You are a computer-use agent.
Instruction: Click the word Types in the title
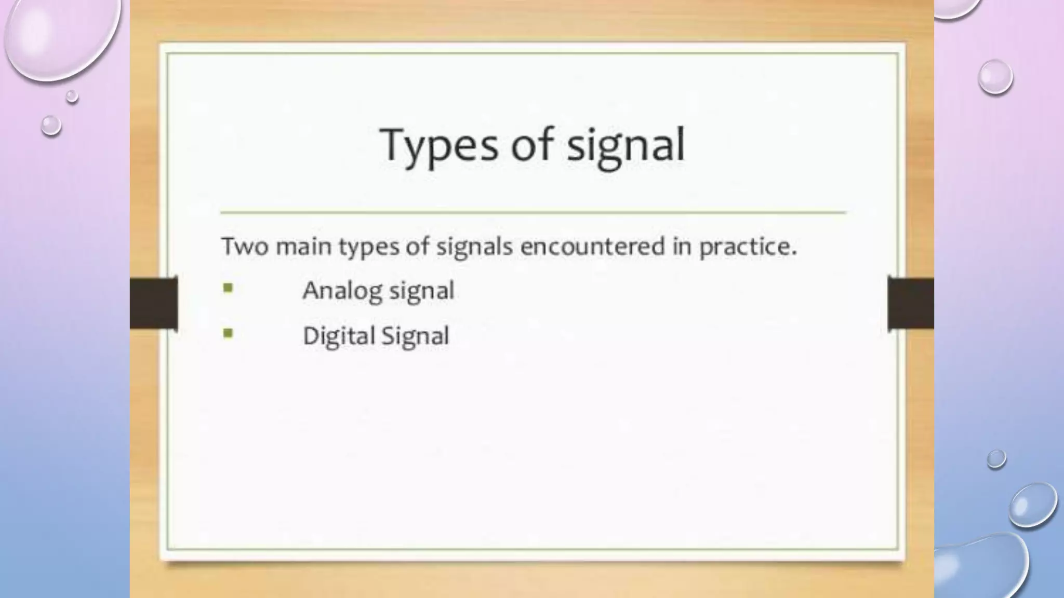coord(439,145)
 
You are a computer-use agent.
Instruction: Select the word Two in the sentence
coord(244,246)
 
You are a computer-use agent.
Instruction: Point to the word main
coord(303,246)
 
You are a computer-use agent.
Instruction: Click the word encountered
coord(592,246)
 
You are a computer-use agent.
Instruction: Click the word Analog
coord(342,291)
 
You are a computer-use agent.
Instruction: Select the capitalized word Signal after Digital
coord(416,336)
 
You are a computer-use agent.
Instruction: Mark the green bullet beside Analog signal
coord(228,288)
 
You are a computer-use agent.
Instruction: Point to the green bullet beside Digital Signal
coord(228,333)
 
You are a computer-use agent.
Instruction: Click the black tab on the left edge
coord(154,303)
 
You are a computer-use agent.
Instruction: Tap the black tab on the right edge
coord(911,303)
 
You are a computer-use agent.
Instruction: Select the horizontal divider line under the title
coord(533,212)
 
